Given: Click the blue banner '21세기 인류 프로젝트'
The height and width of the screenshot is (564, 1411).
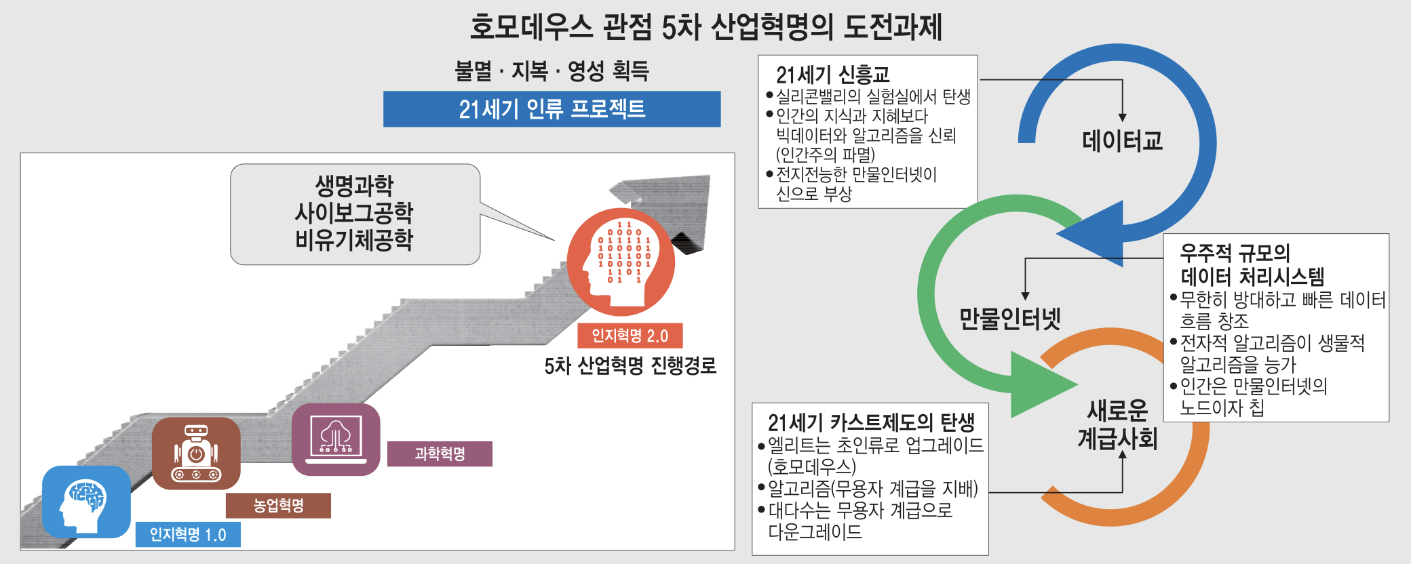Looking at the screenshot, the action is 552,109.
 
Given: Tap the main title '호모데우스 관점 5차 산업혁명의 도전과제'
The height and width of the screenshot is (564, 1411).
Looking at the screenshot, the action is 705,27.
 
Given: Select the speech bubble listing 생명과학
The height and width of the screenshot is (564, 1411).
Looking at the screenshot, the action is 355,214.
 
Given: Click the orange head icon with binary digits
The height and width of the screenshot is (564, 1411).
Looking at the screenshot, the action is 621,262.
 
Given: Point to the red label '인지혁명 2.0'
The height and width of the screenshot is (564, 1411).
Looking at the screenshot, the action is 630,336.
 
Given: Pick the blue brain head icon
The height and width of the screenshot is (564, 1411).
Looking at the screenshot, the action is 86,502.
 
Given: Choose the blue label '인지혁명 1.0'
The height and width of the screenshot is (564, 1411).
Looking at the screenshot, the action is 188,535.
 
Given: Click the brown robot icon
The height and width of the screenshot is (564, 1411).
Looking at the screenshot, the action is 196,454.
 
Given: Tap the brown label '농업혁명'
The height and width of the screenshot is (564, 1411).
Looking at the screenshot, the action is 278,506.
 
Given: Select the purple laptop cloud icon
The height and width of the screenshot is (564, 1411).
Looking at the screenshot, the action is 336,439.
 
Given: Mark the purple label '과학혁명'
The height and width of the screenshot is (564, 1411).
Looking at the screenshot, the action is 440,454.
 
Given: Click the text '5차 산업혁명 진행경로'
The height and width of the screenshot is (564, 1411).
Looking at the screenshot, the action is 630,366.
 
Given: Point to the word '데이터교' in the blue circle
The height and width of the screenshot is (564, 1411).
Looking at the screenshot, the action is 1122,141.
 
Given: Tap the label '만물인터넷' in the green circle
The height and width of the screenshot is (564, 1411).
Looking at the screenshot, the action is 1009,319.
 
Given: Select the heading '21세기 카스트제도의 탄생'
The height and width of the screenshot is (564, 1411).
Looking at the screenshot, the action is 871,422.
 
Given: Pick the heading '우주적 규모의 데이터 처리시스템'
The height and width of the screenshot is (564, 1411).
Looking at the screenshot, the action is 1252,265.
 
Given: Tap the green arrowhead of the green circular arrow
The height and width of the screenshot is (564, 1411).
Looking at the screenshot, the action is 1038,384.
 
